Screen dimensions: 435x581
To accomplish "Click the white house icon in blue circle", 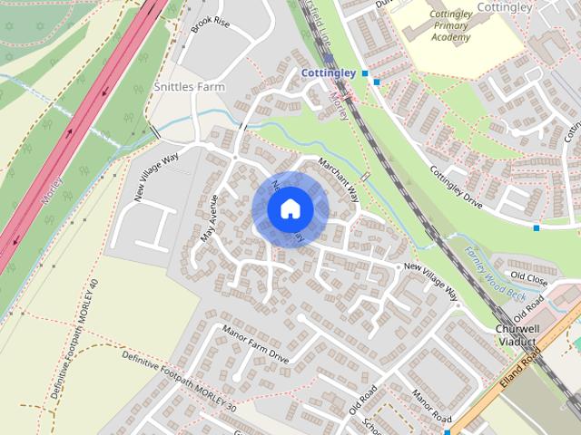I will [290, 209].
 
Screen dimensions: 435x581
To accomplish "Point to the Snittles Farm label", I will [190, 86].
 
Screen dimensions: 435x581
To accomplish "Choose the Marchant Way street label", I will [340, 180].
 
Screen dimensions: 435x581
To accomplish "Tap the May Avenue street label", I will [210, 217].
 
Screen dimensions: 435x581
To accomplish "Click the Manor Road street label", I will [431, 405].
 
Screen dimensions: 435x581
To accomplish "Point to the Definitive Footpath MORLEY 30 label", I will [179, 382].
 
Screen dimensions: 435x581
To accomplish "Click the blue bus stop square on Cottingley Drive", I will [537, 227].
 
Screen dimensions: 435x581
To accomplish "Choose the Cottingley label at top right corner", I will [504, 6].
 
